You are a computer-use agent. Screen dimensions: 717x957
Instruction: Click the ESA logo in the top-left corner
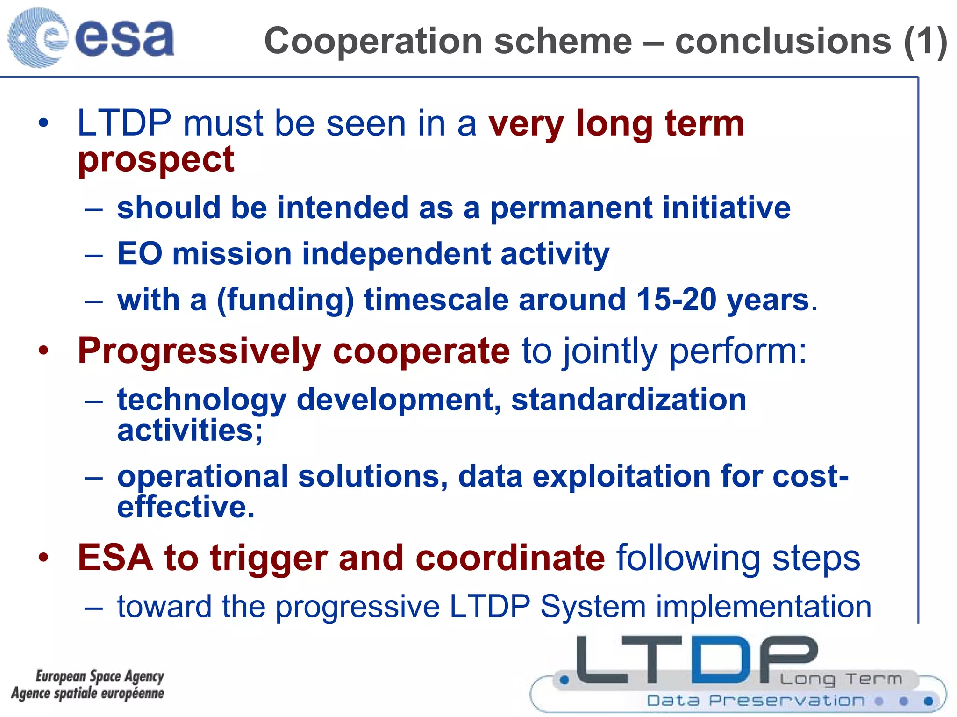point(91,37)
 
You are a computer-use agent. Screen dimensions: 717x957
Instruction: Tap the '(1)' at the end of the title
point(925,42)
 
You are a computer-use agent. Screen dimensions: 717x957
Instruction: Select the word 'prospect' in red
point(156,160)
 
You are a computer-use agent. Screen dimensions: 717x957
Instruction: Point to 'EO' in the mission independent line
point(139,254)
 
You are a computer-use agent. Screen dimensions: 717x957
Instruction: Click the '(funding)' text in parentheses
point(285,301)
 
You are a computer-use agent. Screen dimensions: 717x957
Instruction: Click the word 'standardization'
point(628,400)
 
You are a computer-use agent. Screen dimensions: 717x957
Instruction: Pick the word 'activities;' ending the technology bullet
point(190,430)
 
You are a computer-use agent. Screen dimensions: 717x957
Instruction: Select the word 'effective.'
point(186,507)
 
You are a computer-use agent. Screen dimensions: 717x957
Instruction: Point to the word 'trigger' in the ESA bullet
point(269,558)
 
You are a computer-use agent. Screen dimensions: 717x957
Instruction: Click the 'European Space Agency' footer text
point(100,676)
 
